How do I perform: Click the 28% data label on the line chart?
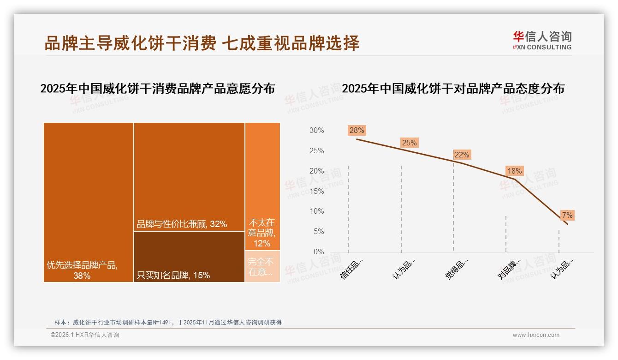(x=357, y=130)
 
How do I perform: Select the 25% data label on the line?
(x=409, y=143)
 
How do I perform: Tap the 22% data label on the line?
(x=462, y=155)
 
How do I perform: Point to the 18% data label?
(x=514, y=171)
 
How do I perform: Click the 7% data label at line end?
(x=567, y=215)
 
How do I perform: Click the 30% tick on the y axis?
(x=316, y=131)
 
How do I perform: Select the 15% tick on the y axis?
(x=316, y=191)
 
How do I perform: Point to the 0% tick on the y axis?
(x=318, y=252)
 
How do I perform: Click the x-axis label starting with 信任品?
(x=351, y=268)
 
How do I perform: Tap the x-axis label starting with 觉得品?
(x=457, y=268)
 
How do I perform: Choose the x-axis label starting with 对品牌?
(x=509, y=268)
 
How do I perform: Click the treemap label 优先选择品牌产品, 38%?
(x=82, y=270)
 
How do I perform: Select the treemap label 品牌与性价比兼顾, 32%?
(x=182, y=224)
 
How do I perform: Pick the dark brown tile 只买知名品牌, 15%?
(x=189, y=257)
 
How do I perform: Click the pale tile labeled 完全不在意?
(x=262, y=266)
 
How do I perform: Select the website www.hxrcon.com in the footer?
(x=535, y=335)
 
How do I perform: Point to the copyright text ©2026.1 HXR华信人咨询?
(x=84, y=335)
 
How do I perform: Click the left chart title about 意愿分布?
(x=157, y=89)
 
